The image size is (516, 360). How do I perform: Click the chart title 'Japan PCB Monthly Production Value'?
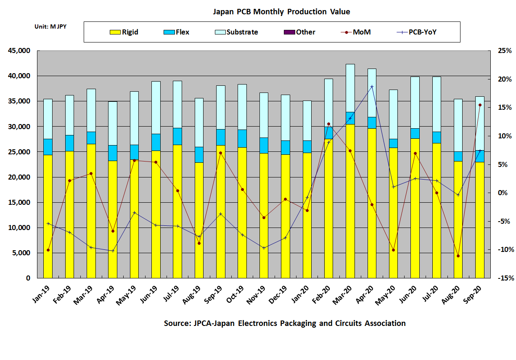click(x=281, y=12)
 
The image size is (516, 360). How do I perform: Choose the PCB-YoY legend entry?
click(x=417, y=32)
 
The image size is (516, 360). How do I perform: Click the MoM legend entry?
click(x=356, y=32)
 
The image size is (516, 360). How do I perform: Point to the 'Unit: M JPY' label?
click(x=50, y=26)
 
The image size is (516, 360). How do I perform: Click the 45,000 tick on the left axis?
click(x=19, y=51)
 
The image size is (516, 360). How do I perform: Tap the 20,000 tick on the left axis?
click(x=19, y=177)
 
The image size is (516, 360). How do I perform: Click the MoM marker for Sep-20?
click(x=479, y=105)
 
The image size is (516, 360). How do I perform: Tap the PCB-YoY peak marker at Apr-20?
click(x=372, y=87)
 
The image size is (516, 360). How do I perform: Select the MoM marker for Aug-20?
click(x=458, y=256)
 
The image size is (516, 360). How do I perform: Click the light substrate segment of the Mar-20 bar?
click(x=350, y=88)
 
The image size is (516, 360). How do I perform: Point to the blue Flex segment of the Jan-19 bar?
click(x=48, y=147)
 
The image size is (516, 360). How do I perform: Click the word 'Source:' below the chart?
click(x=177, y=323)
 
